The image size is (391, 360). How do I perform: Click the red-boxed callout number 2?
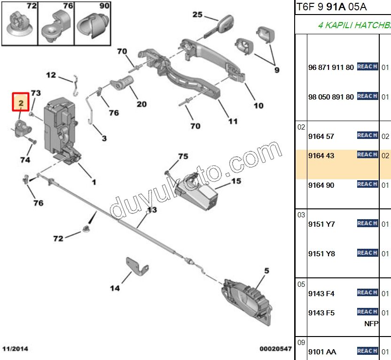(21, 102)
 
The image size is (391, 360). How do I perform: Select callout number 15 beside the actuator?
(235, 181)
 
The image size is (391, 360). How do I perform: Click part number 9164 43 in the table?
(321, 155)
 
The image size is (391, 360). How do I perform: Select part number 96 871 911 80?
(331, 67)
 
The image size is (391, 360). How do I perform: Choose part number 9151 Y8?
(321, 253)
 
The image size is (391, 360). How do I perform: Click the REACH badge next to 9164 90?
(367, 184)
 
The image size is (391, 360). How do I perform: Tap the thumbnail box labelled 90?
(93, 23)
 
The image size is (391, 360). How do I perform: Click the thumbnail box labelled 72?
(20, 23)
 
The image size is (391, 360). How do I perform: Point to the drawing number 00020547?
(275, 349)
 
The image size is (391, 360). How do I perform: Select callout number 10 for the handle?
(258, 106)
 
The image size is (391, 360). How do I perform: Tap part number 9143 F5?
(321, 313)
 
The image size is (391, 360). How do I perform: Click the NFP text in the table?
(371, 323)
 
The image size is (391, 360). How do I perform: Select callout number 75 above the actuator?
(183, 156)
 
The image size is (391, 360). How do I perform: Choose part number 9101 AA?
(322, 352)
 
